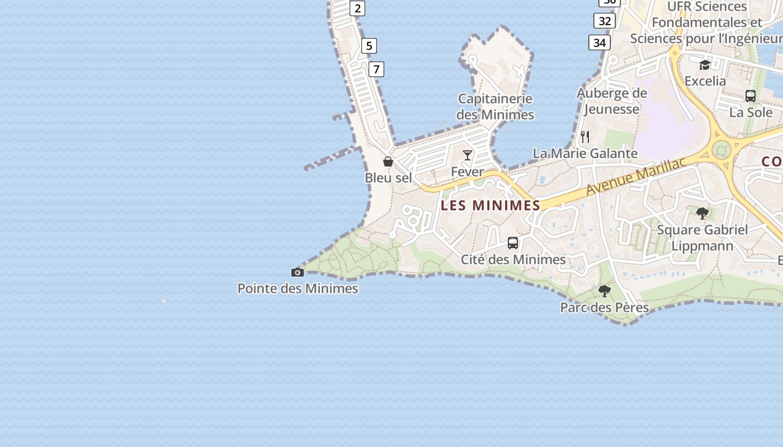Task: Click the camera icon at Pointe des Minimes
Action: tap(298, 273)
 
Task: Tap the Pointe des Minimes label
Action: tap(298, 288)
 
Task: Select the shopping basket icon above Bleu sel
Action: tap(388, 161)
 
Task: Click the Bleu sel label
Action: tap(388, 178)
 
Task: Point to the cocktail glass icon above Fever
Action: tap(468, 155)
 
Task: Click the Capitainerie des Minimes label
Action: tap(495, 107)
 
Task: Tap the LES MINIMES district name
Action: tap(490, 206)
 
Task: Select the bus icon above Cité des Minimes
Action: tap(513, 243)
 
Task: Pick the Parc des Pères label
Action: tap(604, 307)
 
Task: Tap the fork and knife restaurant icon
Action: tap(585, 136)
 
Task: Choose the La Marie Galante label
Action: tap(585, 153)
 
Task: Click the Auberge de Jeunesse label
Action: tap(611, 101)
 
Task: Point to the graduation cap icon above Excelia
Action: tap(705, 65)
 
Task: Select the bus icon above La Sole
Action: tap(751, 96)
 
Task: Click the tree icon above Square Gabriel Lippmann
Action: tap(702, 213)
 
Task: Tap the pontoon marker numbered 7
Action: tap(376, 69)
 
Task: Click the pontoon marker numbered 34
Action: tap(599, 42)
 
